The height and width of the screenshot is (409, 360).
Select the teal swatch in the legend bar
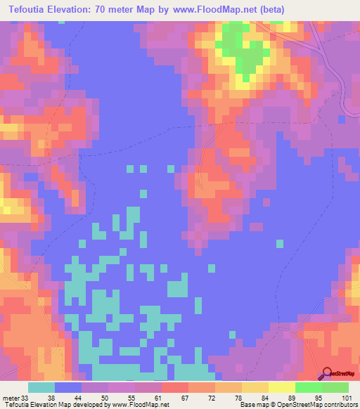click(x=41, y=387)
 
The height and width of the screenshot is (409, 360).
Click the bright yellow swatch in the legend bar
click(x=281, y=387)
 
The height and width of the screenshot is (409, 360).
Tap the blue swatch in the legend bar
click(x=68, y=387)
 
